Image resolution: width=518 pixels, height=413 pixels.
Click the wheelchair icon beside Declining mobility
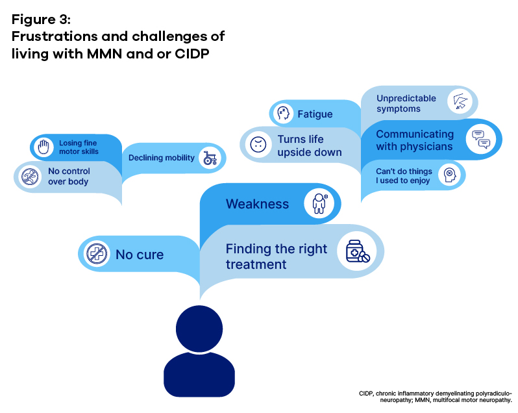(210, 158)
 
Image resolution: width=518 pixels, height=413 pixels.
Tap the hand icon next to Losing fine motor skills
(43, 147)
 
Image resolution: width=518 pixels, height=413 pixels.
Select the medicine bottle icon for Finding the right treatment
(358, 251)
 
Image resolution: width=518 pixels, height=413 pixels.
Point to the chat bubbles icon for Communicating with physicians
(481, 140)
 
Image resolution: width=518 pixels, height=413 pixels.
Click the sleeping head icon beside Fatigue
(283, 114)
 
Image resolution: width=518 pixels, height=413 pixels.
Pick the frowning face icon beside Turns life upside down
(258, 144)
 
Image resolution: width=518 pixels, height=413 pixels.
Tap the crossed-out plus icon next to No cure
(97, 254)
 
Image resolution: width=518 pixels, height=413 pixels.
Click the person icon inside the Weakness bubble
(319, 203)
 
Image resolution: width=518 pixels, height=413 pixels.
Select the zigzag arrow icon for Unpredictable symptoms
(460, 101)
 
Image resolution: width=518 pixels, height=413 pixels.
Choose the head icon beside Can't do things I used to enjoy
(449, 175)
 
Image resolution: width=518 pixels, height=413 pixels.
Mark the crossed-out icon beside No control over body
(30, 176)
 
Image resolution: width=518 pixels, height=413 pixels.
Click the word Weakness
(257, 204)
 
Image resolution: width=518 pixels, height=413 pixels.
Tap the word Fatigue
(315, 114)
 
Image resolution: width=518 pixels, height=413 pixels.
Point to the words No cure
(140, 255)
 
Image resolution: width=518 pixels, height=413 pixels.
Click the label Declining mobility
(162, 158)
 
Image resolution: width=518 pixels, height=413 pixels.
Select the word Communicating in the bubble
(415, 134)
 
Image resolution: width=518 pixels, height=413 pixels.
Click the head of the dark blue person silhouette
(199, 329)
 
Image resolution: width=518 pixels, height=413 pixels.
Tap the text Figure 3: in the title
(42, 19)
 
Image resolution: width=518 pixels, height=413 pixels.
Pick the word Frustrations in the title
(54, 36)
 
